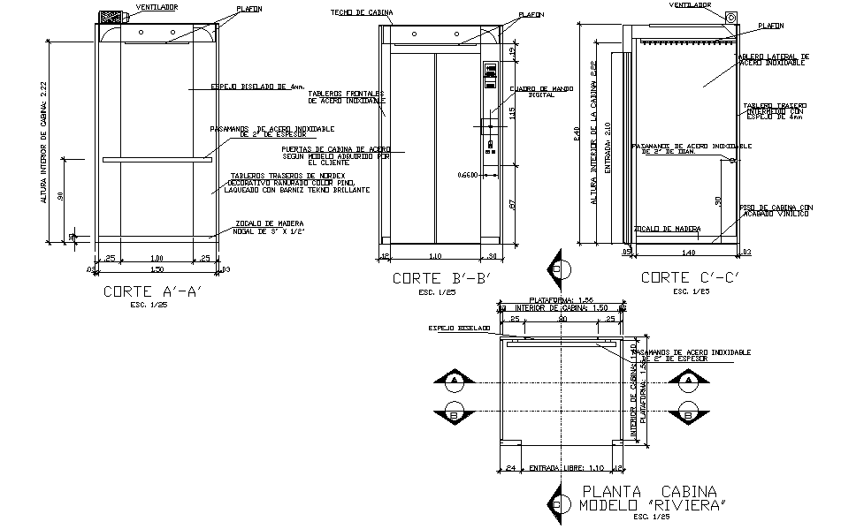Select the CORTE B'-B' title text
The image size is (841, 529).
[x=440, y=278]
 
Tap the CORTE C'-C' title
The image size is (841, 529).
[x=689, y=277]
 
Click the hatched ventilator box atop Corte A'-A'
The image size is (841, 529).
[x=112, y=17]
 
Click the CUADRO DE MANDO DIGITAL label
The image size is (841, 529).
[x=532, y=92]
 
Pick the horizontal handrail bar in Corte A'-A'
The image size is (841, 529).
[x=157, y=160]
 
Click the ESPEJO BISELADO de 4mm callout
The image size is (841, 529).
[x=258, y=87]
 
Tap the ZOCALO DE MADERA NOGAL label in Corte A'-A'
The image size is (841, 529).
[x=270, y=226]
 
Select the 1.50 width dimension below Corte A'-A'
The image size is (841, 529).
[x=157, y=268]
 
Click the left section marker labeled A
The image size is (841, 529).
[x=455, y=381]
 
